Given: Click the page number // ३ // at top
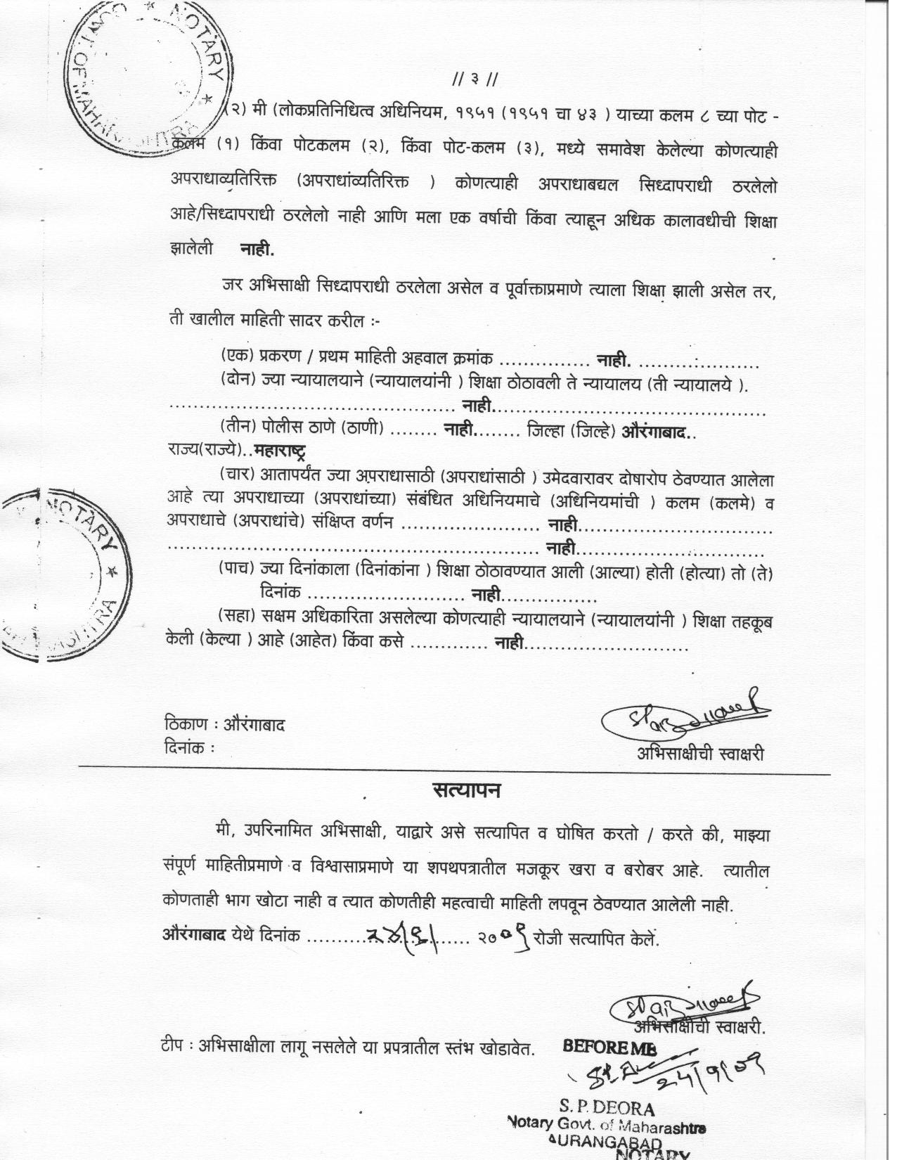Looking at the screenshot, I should [x=476, y=79].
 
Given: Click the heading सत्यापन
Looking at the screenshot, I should [x=466, y=790].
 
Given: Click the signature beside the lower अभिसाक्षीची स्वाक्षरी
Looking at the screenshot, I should [x=683, y=1007].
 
